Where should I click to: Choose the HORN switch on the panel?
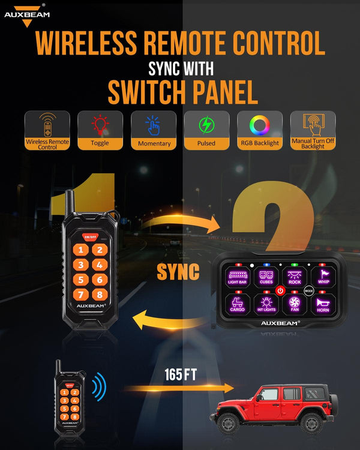point(324,304)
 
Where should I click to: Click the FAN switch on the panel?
point(294,304)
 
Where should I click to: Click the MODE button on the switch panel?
point(309,290)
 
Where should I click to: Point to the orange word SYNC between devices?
point(178,272)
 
